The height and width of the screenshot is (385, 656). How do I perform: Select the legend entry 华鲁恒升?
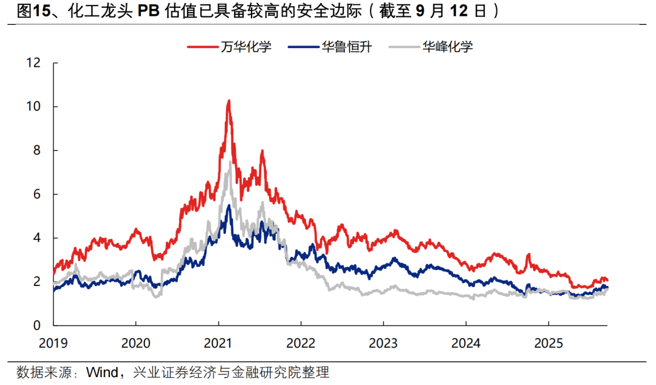(x=347, y=46)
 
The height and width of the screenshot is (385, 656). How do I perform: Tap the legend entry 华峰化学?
(x=448, y=46)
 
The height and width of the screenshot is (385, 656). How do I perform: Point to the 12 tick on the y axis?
(x=33, y=63)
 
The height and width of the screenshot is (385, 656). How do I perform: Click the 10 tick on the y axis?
(x=33, y=106)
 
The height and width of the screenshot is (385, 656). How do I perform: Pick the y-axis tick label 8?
(x=36, y=151)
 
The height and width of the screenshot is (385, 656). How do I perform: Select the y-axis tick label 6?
(x=36, y=194)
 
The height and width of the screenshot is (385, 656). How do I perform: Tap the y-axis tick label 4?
(x=36, y=238)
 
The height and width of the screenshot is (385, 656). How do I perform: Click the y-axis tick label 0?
(x=36, y=325)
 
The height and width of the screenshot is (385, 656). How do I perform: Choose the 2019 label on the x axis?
(x=53, y=343)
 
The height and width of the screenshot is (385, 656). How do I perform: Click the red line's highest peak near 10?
(x=228, y=101)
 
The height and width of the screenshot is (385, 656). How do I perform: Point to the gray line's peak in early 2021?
(x=230, y=160)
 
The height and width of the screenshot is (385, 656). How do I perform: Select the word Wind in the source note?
(x=102, y=372)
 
